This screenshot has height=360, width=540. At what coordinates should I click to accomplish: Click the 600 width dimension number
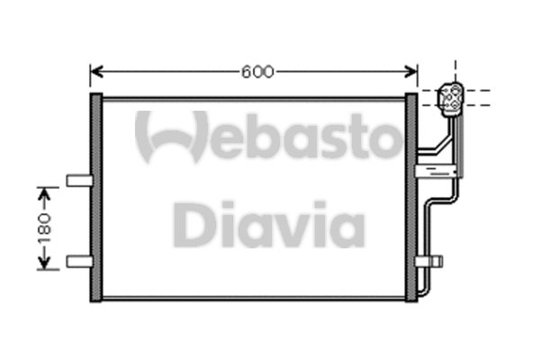pos(256,71)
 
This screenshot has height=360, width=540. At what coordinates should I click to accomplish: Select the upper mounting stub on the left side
pos(78,179)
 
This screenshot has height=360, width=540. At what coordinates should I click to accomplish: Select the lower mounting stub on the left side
pos(78,261)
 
